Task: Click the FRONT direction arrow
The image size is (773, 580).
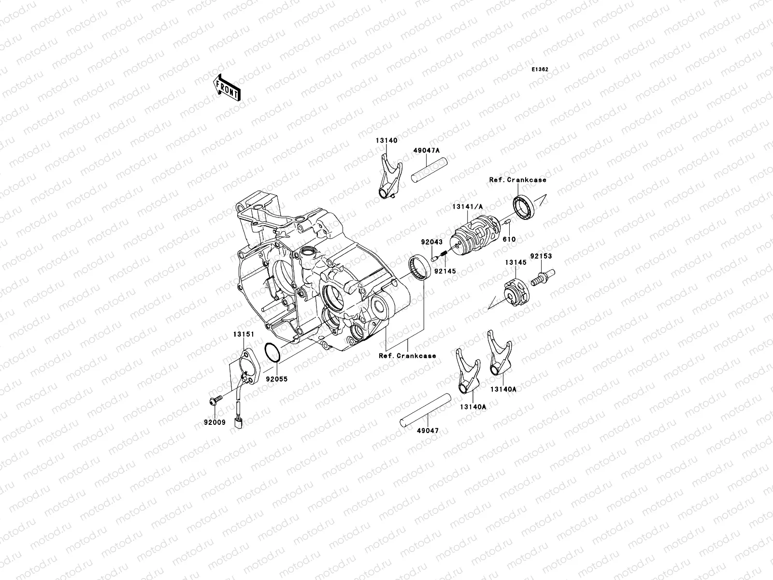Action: pyautogui.click(x=227, y=87)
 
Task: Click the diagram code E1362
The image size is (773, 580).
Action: pyautogui.click(x=540, y=70)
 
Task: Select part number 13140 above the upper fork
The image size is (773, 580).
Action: pyautogui.click(x=386, y=141)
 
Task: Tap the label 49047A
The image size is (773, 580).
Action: pyautogui.click(x=427, y=150)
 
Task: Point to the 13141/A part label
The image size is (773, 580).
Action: pyautogui.click(x=468, y=207)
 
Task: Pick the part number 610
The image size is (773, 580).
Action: pyautogui.click(x=509, y=239)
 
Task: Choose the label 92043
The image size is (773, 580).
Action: pyautogui.click(x=432, y=242)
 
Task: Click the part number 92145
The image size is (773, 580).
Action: pyautogui.click(x=445, y=271)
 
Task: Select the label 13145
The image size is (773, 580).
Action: pyautogui.click(x=516, y=262)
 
